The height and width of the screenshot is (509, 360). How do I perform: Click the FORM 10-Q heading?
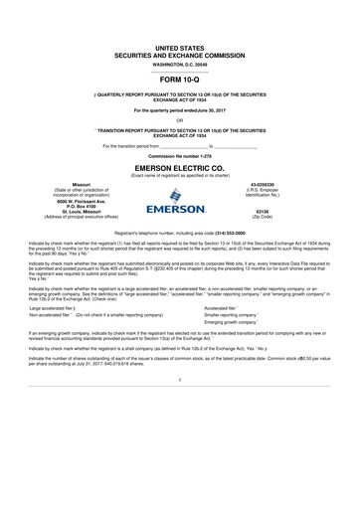click(180, 77)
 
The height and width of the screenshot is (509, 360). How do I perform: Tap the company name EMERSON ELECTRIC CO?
click(180, 168)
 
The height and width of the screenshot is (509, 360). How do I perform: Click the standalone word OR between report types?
click(180, 121)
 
